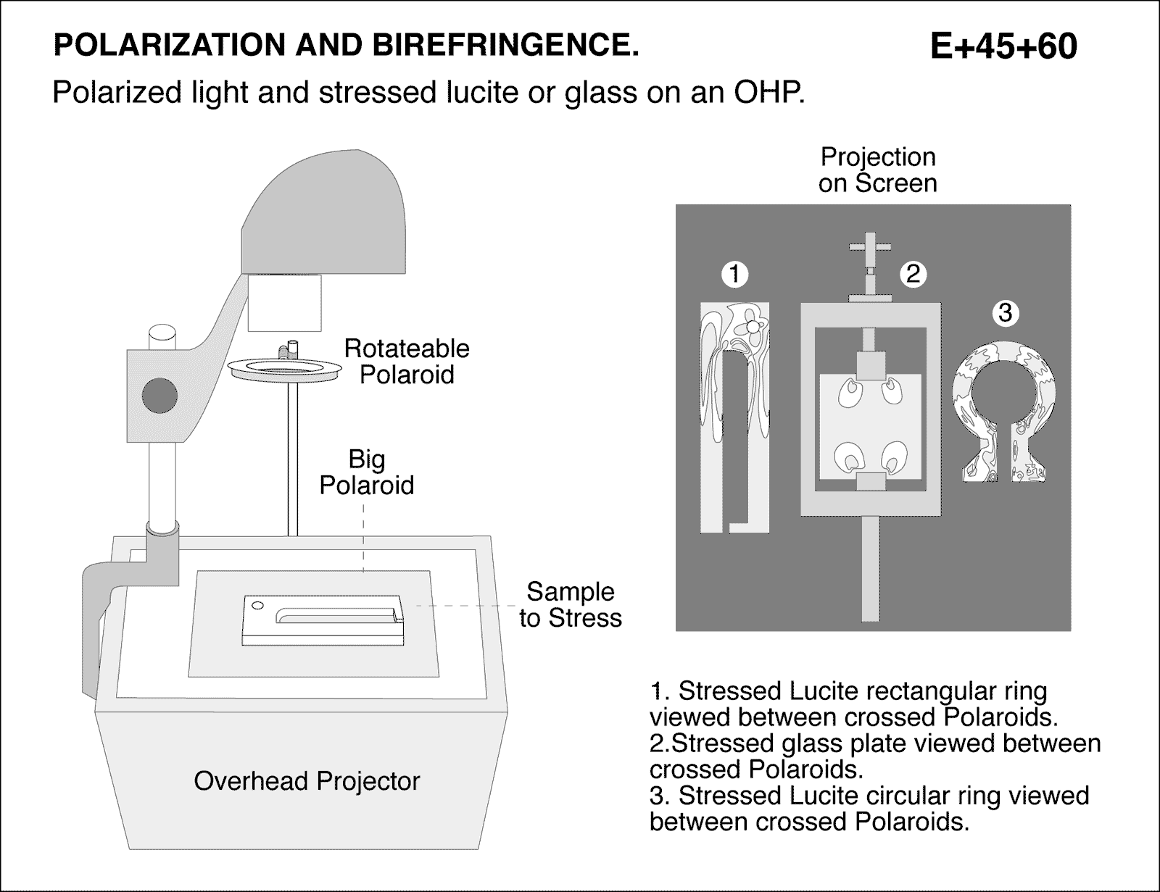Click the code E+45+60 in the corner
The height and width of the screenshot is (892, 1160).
tap(1003, 46)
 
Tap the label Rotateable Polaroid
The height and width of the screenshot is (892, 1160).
tap(406, 361)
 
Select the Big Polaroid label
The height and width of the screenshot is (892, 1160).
tap(367, 472)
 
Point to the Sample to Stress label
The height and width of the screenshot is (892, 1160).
tap(570, 604)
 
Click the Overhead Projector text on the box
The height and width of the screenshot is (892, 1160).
tap(307, 780)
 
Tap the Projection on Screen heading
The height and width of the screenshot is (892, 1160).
tap(877, 170)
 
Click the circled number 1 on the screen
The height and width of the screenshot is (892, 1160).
tap(734, 274)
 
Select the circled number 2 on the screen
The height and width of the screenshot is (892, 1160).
tap(913, 273)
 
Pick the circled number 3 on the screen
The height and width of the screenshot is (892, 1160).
tap(1004, 313)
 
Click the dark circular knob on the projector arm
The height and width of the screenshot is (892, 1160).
tap(159, 396)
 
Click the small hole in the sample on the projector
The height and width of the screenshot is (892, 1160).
tap(255, 605)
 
